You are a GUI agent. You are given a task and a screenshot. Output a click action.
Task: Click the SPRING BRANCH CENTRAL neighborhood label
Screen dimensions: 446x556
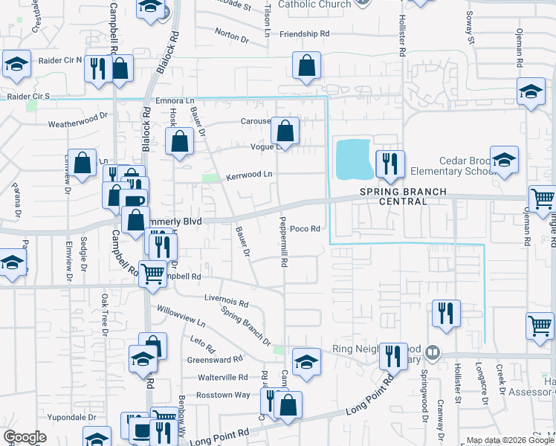pos(404,192)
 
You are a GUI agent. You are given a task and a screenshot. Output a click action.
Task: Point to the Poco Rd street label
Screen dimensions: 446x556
pos(305,229)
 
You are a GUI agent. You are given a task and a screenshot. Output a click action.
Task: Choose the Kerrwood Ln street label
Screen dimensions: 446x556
pos(250,174)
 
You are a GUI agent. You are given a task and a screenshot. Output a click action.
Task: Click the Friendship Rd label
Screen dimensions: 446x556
pos(304,34)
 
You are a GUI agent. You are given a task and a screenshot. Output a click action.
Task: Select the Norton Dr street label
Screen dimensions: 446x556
pos(231,35)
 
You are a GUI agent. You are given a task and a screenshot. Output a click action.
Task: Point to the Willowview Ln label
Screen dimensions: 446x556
pos(181,315)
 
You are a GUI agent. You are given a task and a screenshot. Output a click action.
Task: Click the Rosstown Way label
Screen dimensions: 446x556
pos(223,395)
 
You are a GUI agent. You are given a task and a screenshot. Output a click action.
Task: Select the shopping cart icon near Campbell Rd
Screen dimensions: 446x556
pos(152,272)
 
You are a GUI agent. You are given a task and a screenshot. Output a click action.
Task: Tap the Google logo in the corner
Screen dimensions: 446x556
pos(25,437)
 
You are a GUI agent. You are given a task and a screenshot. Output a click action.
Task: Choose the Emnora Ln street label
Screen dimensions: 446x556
pos(175,101)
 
